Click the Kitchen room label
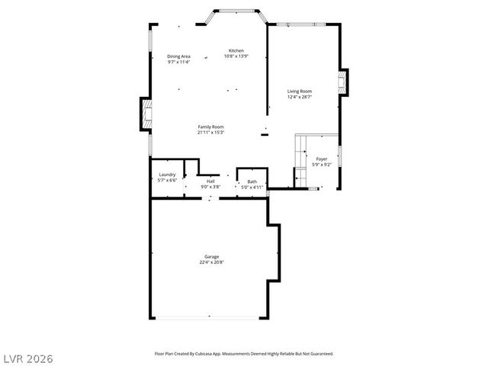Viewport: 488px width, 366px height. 235,51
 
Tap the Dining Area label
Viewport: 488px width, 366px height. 178,56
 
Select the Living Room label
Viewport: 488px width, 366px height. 300,91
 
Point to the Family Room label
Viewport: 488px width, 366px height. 210,127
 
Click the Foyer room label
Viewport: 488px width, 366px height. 322,159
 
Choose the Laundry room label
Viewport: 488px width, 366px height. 167,175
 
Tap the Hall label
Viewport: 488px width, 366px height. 210,181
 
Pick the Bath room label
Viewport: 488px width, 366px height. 252,181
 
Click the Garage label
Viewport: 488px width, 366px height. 211,256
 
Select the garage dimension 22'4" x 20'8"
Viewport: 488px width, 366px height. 211,262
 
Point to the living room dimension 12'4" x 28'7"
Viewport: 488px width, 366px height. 300,97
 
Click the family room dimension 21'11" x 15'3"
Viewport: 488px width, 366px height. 210,133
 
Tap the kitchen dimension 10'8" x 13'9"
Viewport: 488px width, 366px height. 235,56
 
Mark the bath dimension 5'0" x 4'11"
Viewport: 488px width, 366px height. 252,187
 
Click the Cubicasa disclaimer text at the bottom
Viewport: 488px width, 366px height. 244,354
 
